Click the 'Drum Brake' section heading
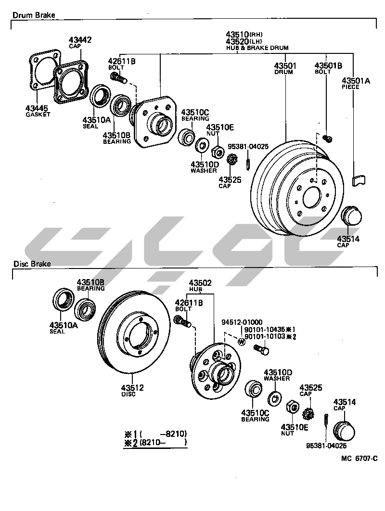(x=34, y=15)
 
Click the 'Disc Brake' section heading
(x=32, y=264)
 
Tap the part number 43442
(x=80, y=40)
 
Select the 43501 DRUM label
(x=285, y=68)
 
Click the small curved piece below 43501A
(x=359, y=180)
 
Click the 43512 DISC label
(x=132, y=390)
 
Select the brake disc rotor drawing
(x=135, y=332)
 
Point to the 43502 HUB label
(x=200, y=286)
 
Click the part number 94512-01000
(x=242, y=322)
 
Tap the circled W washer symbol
(x=242, y=341)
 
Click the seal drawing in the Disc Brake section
(x=63, y=301)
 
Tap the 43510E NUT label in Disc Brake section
(x=294, y=429)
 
